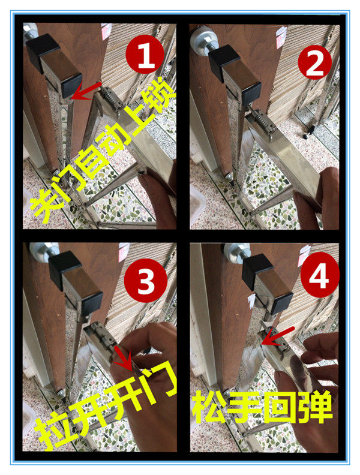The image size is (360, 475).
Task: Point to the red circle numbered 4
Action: point(320,275)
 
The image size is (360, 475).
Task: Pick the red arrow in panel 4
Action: point(277,336)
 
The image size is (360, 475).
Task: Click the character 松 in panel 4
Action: point(209,407)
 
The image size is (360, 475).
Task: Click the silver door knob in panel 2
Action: point(202,40)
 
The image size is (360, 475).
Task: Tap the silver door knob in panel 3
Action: point(43,251)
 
